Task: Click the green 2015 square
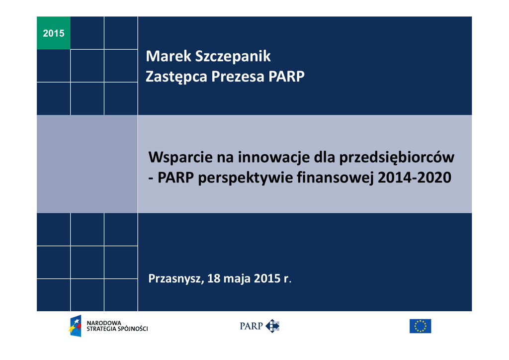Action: click(x=54, y=33)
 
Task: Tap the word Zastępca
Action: click(x=176, y=77)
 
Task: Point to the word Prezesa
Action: click(x=238, y=77)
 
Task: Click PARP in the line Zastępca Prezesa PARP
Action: click(x=286, y=77)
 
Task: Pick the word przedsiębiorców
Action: click(x=397, y=158)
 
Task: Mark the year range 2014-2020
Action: click(x=415, y=178)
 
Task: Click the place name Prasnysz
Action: click(x=176, y=278)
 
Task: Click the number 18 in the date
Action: click(x=214, y=278)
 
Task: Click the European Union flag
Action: click(x=420, y=326)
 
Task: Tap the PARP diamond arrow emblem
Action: click(x=272, y=326)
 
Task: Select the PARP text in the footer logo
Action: click(x=251, y=326)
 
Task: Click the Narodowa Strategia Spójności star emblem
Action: click(x=75, y=326)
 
